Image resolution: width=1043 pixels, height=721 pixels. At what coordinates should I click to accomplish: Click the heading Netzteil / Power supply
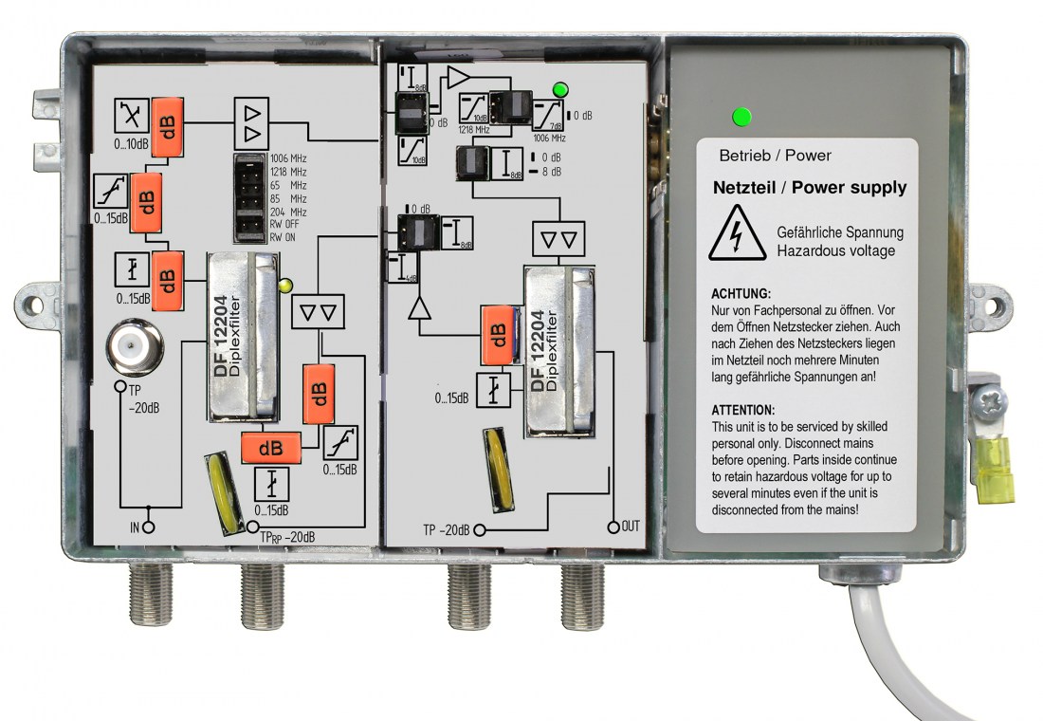point(809,188)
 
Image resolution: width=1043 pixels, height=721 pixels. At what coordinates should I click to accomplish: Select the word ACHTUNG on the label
point(741,294)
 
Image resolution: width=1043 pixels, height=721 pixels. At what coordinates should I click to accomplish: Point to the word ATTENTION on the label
point(742,410)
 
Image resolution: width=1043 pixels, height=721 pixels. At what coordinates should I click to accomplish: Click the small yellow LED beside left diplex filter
point(284,283)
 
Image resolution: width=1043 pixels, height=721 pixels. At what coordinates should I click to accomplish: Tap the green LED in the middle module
point(560,91)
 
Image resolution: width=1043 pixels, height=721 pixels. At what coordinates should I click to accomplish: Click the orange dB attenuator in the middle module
point(497,334)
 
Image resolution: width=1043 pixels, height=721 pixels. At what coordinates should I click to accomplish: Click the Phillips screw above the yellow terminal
point(991,402)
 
